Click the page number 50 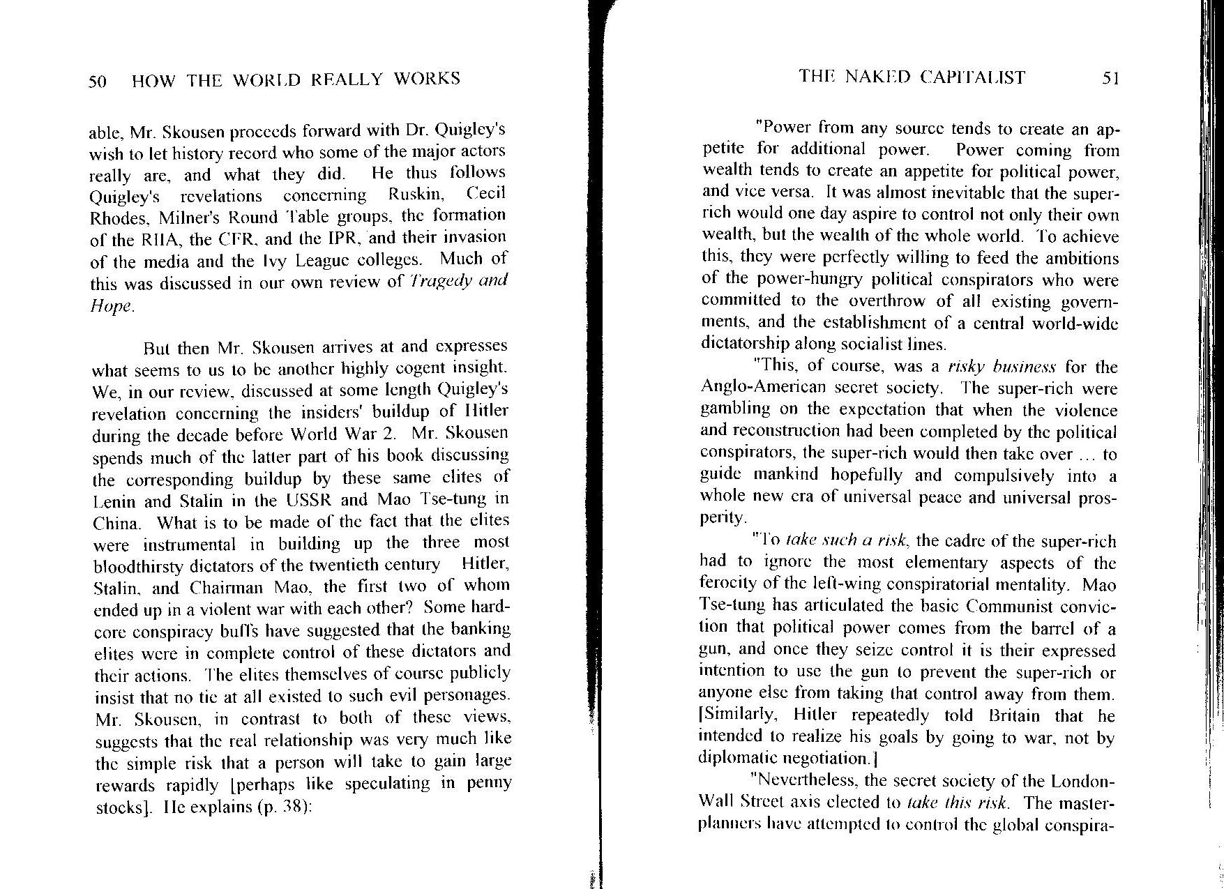[97, 82]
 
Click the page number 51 [1110, 77]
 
